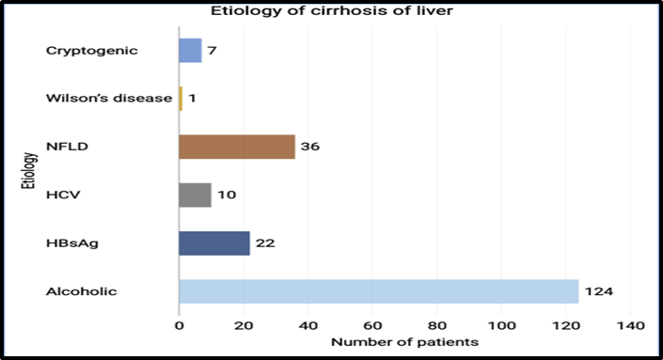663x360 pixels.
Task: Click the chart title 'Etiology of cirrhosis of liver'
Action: coord(332,10)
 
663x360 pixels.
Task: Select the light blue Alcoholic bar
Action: coord(379,291)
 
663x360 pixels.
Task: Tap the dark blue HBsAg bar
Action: coord(214,243)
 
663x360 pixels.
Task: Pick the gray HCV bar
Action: coord(196,195)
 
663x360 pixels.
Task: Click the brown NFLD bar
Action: coord(237,147)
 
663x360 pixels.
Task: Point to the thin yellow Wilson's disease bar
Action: coord(181,99)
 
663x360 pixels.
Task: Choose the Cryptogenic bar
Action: coord(190,50)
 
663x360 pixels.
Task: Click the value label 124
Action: coord(599,291)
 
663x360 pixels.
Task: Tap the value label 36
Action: coord(310,147)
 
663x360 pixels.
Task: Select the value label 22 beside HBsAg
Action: coord(265,243)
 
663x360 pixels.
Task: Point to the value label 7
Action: coord(212,50)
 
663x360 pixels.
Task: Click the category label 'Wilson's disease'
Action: coord(109,98)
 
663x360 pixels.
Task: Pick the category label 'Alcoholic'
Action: coord(81,291)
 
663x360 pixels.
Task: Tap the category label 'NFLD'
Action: coord(67,147)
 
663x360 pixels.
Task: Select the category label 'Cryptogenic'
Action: coord(92,51)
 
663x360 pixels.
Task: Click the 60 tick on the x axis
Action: coord(372,326)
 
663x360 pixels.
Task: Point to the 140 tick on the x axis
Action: coord(630,326)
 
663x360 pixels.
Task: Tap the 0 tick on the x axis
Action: coord(180,326)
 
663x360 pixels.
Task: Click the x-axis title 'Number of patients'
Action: coord(404,342)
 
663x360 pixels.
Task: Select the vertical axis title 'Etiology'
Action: coord(29,171)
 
